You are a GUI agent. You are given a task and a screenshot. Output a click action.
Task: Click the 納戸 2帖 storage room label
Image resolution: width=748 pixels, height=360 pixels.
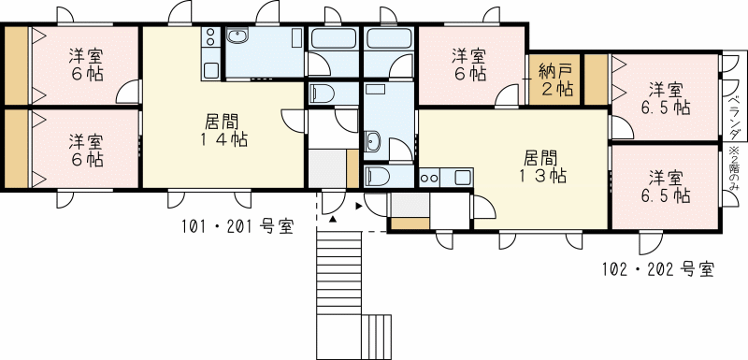(x=555, y=80)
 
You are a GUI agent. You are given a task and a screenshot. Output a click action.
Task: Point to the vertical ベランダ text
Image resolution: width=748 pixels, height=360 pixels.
(x=735, y=117)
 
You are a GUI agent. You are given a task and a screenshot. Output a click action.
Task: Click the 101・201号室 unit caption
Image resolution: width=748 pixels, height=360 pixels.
(x=237, y=226)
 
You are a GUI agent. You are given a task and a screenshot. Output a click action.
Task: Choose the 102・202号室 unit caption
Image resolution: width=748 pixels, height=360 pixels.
(x=658, y=269)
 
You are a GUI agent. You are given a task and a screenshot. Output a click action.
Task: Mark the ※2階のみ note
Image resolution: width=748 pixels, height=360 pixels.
(x=735, y=169)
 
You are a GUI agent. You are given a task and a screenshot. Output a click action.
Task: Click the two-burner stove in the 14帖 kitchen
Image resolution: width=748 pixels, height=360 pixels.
(x=210, y=37)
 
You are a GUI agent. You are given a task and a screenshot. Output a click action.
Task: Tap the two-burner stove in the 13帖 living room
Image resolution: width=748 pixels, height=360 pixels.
(x=429, y=178)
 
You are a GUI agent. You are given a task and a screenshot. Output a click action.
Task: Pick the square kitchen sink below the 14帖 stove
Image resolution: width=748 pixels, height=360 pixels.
(x=211, y=70)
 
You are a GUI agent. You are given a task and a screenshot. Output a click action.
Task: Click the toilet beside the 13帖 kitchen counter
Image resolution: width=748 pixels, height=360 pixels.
(x=378, y=177)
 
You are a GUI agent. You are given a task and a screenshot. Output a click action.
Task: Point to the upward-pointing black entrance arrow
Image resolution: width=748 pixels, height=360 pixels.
(x=333, y=219)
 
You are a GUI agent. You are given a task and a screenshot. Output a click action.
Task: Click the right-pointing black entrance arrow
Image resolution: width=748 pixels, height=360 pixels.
(x=359, y=207)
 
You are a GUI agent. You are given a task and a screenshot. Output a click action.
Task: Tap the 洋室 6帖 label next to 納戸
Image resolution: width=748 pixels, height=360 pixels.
(x=469, y=65)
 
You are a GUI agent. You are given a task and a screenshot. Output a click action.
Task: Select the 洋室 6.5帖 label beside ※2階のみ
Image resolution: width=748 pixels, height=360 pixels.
(x=666, y=186)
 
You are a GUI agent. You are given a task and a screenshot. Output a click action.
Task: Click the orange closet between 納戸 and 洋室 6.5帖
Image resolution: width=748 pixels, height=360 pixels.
(x=597, y=79)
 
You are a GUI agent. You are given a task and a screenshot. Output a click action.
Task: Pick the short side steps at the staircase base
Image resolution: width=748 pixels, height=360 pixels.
(x=377, y=337)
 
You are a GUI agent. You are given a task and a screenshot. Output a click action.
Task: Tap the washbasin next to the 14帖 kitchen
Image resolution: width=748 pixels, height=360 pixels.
(x=237, y=36)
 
